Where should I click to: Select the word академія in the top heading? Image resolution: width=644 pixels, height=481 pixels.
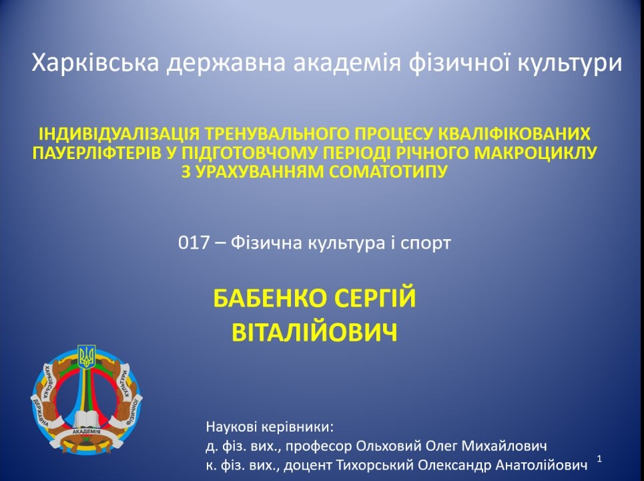pyautogui.click(x=347, y=63)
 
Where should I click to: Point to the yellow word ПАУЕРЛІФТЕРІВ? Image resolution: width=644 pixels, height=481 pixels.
pyautogui.click(x=97, y=153)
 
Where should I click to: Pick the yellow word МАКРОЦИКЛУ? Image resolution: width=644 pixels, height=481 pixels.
pyautogui.click(x=535, y=153)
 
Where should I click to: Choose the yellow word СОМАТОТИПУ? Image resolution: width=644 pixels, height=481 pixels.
pyautogui.click(x=388, y=172)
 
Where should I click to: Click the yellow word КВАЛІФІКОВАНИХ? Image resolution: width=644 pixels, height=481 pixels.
pyautogui.click(x=515, y=134)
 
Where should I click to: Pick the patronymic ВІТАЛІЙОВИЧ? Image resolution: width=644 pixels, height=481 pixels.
pyautogui.click(x=314, y=332)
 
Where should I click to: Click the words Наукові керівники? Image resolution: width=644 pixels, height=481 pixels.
pyautogui.click(x=270, y=427)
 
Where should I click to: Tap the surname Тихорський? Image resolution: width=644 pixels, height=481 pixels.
pyautogui.click(x=373, y=466)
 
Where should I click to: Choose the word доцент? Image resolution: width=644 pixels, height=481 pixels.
pyautogui.click(x=308, y=466)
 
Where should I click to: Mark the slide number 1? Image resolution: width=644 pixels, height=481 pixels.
pyautogui.click(x=599, y=459)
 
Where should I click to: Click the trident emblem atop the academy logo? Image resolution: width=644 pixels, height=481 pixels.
pyautogui.click(x=87, y=357)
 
